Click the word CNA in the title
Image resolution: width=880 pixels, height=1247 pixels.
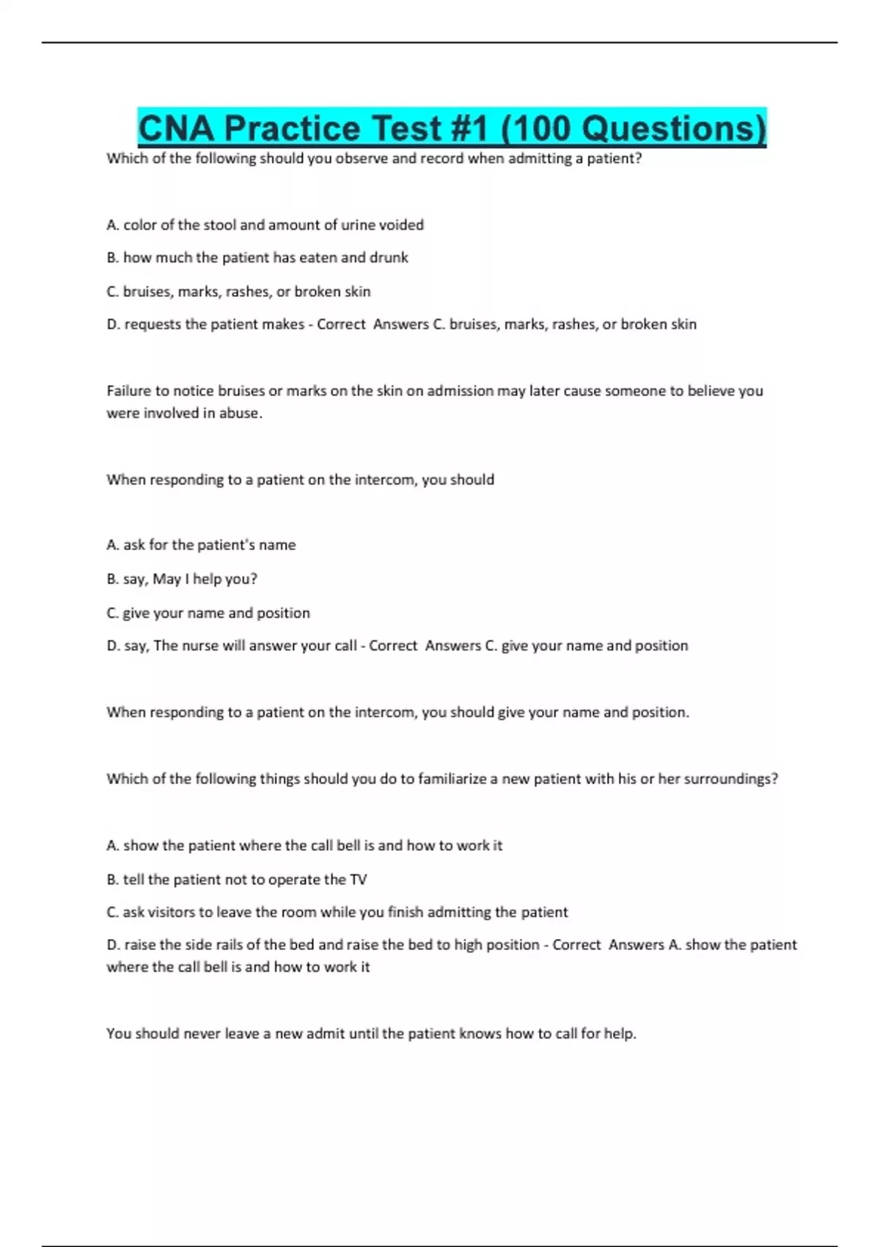176,128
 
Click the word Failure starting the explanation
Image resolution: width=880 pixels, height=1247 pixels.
129,391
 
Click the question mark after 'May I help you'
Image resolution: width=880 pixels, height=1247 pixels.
254,579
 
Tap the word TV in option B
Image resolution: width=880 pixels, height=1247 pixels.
359,880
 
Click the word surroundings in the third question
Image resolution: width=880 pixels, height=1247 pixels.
728,779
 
